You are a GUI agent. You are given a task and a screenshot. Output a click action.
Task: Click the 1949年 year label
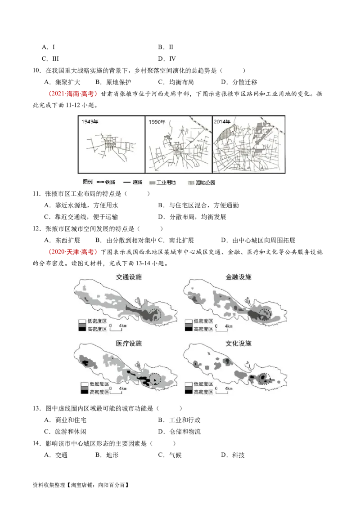90,121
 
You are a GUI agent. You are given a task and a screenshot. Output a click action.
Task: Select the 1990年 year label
157,121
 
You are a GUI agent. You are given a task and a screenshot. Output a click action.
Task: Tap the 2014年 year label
222,121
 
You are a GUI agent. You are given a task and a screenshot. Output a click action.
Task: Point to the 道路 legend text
137,182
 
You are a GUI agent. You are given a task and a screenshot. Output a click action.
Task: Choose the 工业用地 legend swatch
152,183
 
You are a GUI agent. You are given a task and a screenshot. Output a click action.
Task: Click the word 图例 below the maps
88,182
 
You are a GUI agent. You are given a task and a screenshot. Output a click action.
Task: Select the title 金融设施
238,277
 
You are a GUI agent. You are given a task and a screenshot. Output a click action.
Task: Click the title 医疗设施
129,344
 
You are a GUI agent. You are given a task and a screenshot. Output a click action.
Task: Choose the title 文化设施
238,344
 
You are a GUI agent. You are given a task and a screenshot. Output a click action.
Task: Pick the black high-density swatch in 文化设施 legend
188,392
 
